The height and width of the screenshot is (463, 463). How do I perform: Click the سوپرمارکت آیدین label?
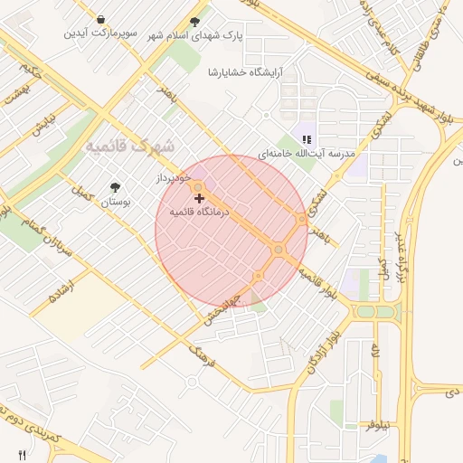point(99,33)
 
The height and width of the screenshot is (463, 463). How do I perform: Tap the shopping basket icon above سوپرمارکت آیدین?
point(100,19)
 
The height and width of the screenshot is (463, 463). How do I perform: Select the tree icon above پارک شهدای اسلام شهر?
point(195,22)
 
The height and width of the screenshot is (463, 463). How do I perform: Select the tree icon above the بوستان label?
point(115,187)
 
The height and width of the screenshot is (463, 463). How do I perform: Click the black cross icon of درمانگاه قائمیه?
point(200,197)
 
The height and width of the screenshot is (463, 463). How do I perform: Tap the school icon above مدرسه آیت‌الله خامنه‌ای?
point(307,139)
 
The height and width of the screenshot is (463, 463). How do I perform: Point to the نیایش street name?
point(44,122)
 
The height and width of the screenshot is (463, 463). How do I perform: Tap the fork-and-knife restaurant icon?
point(22,454)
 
